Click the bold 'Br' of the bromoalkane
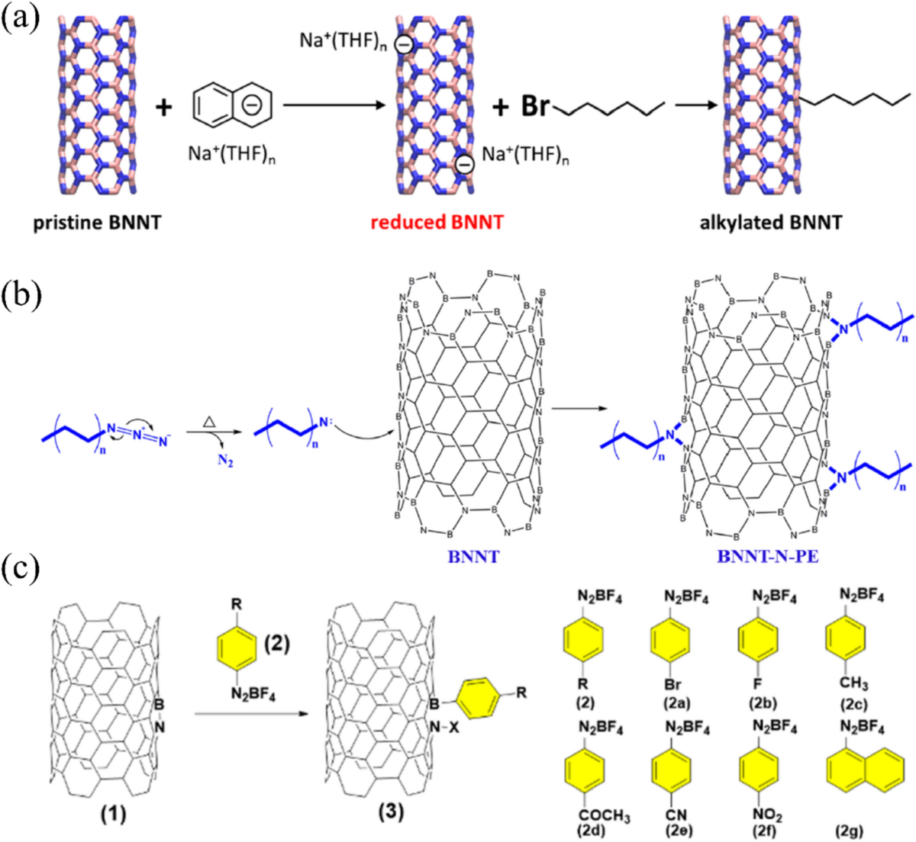coord(534,107)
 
